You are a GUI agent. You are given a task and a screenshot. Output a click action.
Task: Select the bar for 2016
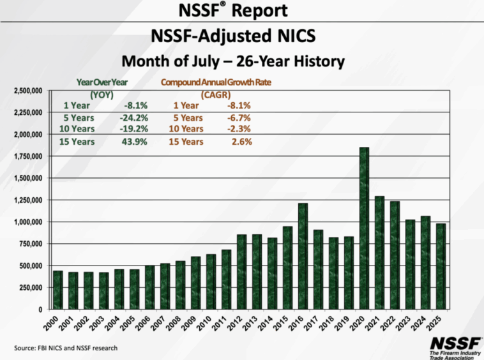(x=303, y=256)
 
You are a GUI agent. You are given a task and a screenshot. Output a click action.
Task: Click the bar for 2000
(x=58, y=290)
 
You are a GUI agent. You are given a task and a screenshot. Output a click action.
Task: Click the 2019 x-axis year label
(x=347, y=320)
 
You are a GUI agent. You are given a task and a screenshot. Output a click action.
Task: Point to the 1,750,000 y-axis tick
(x=27, y=156)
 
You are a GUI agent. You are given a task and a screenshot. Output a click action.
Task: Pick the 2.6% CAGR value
(x=243, y=142)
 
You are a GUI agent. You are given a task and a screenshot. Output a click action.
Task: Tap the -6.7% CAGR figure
(x=239, y=118)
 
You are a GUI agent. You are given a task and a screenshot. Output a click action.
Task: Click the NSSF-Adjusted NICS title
(x=241, y=36)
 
